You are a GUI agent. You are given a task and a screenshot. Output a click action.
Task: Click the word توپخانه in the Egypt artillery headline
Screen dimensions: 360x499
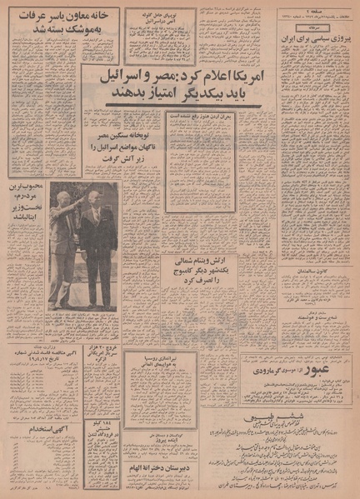(x=137, y=137)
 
